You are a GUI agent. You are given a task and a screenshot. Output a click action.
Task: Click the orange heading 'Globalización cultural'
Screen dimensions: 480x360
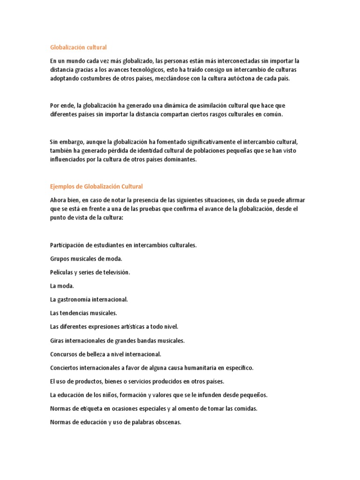(78, 47)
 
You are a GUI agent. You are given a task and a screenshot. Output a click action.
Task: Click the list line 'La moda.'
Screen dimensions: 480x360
(62, 285)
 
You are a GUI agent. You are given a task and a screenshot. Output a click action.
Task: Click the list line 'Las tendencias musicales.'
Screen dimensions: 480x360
(83, 313)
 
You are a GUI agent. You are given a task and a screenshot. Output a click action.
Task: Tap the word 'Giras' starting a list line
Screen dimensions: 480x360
(57, 340)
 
